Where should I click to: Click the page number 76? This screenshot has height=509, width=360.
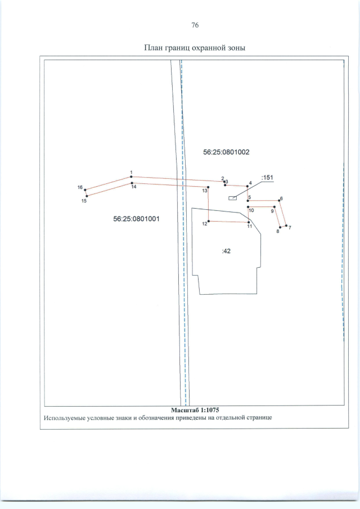point(195,25)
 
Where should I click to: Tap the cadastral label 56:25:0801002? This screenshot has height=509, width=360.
point(226,152)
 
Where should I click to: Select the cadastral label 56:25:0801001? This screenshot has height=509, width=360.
point(136,219)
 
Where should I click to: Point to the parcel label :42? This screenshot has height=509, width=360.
point(226,251)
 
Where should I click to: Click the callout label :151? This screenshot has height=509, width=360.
point(268,178)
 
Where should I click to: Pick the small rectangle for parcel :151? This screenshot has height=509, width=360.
point(232,198)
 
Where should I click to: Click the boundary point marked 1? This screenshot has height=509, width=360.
point(131,177)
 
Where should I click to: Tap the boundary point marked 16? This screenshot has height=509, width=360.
point(85,190)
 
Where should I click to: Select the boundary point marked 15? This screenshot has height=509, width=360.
point(87,196)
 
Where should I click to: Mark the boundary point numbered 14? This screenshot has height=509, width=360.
point(132,183)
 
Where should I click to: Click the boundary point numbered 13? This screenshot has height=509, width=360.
point(208,187)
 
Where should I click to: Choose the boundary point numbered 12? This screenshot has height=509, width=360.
point(208,221)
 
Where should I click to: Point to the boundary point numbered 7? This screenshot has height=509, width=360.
point(286,226)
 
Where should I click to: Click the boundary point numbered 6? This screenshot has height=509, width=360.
point(279,201)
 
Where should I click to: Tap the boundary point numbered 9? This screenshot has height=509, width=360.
point(274,207)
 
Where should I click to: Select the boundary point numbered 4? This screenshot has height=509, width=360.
point(247,186)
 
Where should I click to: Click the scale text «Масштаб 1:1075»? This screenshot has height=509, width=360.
point(195,411)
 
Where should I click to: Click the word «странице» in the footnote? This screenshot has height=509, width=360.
point(258,417)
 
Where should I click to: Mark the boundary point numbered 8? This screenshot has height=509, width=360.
point(280,227)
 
